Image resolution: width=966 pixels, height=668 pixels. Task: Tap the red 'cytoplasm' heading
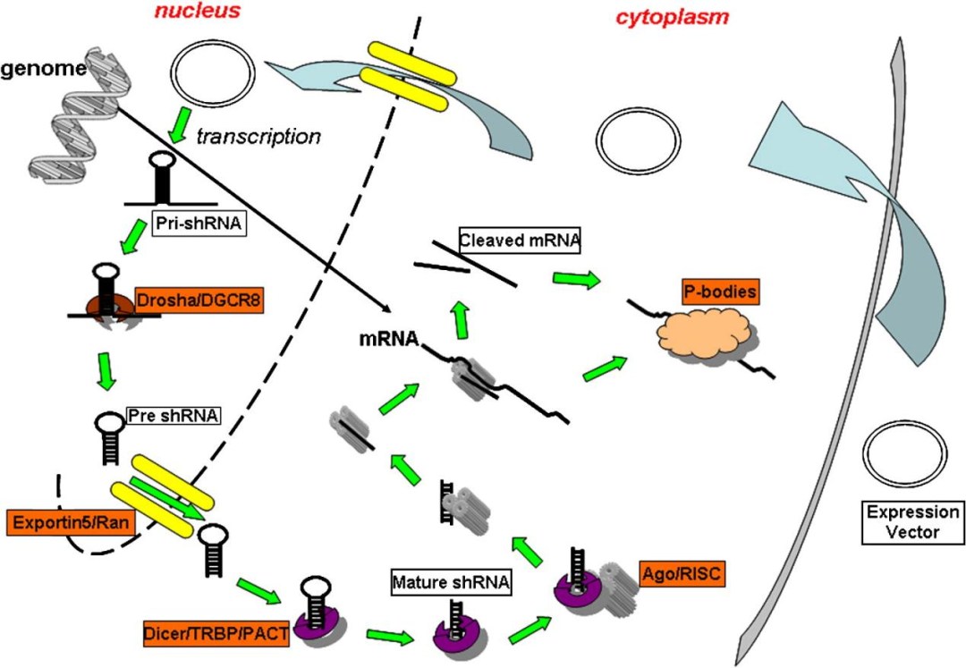(672, 17)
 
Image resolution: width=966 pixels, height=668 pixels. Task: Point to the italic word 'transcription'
(258, 136)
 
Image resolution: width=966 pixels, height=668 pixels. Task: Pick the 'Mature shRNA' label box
(452, 584)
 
